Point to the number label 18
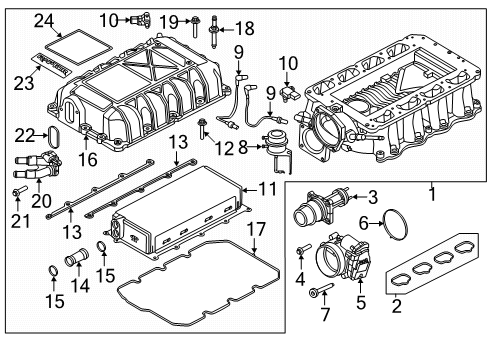click(244, 27)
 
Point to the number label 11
click(266, 187)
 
